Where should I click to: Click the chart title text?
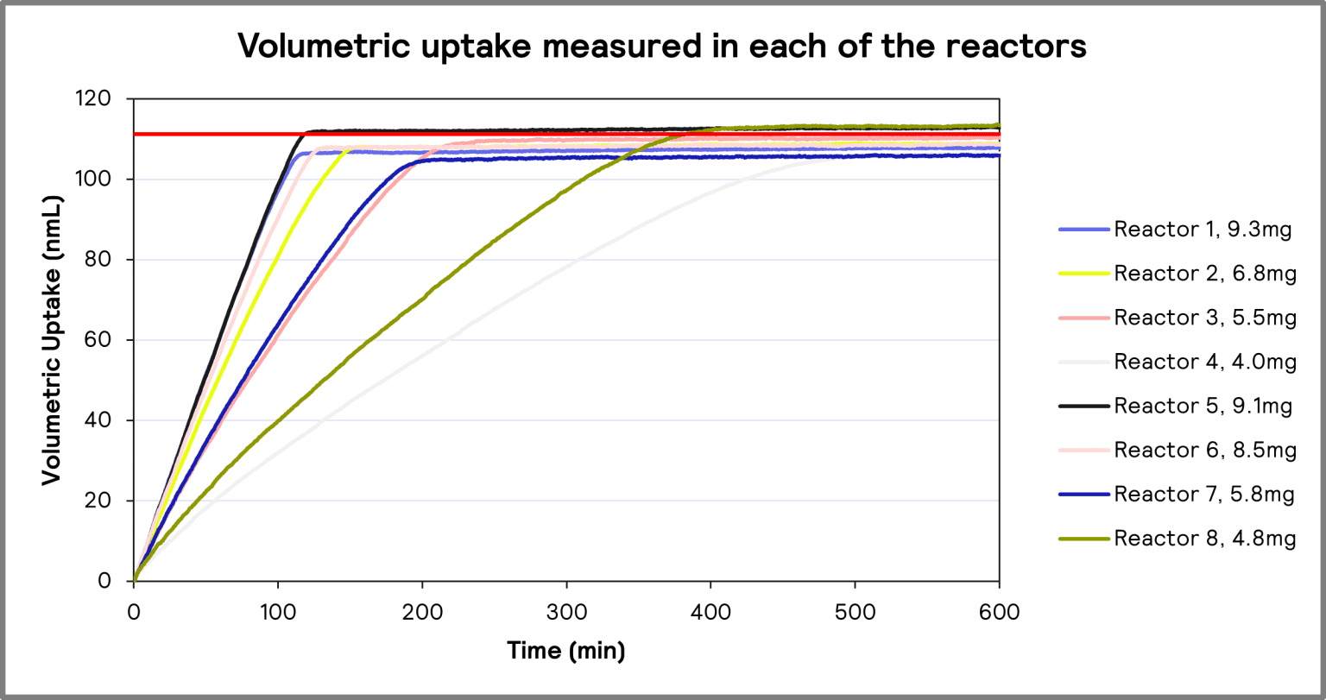click(662, 47)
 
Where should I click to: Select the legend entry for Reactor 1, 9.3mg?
click(1205, 230)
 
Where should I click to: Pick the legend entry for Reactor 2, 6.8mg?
click(1205, 274)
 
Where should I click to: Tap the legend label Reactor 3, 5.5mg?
click(1205, 318)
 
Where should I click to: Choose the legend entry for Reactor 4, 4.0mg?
click(1205, 362)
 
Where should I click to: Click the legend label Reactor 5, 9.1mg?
click(1203, 406)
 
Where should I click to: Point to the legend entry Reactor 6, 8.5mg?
click(1205, 450)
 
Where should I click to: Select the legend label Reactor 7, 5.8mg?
click(1205, 495)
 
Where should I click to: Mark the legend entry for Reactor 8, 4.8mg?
click(1205, 539)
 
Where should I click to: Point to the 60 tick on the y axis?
click(108, 340)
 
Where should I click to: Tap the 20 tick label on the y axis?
click(108, 501)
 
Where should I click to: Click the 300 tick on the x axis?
click(566, 612)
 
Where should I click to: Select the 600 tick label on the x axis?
click(999, 612)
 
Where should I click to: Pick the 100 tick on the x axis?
click(278, 612)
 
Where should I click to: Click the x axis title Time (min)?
click(565, 651)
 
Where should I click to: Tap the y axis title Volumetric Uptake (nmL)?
click(51, 340)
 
